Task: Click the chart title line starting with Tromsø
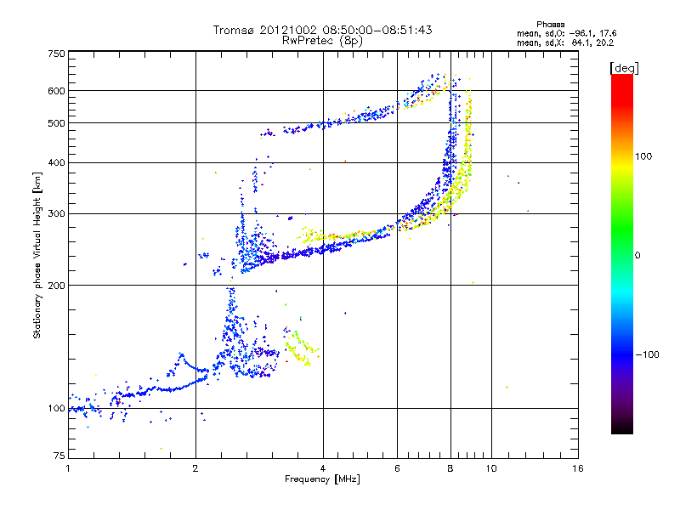(x=322, y=30)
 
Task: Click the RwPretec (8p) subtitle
(x=322, y=40)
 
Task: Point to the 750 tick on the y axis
(x=57, y=54)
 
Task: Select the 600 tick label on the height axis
(x=57, y=91)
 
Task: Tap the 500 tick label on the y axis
(x=57, y=123)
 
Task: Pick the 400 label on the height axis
(x=57, y=163)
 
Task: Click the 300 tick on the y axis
(x=57, y=214)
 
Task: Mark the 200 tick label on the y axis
(x=57, y=286)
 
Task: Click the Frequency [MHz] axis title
(x=322, y=479)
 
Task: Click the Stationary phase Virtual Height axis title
(x=37, y=255)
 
